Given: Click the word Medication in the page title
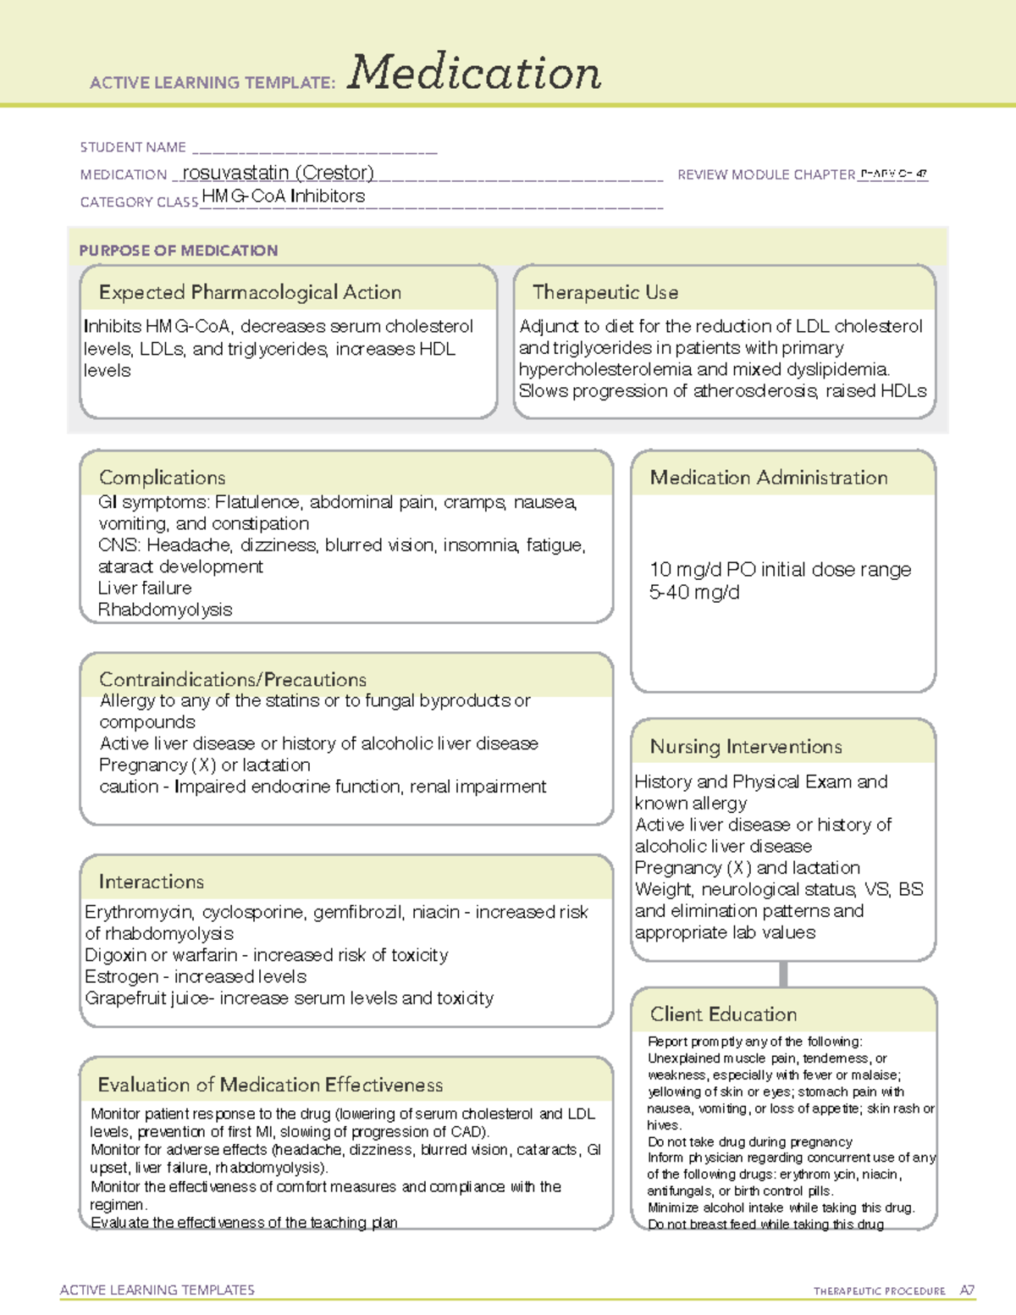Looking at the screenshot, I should tap(474, 73).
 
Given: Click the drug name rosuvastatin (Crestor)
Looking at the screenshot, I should tap(278, 173).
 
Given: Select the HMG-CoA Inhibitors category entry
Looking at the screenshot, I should tap(284, 196).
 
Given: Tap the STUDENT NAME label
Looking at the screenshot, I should tap(133, 147).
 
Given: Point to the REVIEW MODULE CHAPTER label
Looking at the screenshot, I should tap(765, 174).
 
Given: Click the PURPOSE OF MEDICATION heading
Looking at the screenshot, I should tap(179, 251).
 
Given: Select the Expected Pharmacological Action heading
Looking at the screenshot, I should tap(250, 292).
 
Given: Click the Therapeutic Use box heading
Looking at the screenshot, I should tap(605, 292).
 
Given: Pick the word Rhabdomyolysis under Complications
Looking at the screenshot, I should tap(165, 610).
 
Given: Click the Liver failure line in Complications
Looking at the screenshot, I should tap(145, 588).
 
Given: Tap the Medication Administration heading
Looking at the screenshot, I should tap(769, 478).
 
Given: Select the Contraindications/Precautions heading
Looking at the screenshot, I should tap(233, 679).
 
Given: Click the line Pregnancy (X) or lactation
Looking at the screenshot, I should tap(205, 765).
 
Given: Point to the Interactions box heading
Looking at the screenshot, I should tap(152, 881).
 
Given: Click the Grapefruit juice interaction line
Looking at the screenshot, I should tap(289, 998).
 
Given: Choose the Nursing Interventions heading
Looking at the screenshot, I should tap(746, 747).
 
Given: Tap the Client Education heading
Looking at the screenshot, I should tap(723, 1014).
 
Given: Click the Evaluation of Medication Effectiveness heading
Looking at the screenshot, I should tap(270, 1085).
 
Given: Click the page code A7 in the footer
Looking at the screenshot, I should tap(967, 1290).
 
